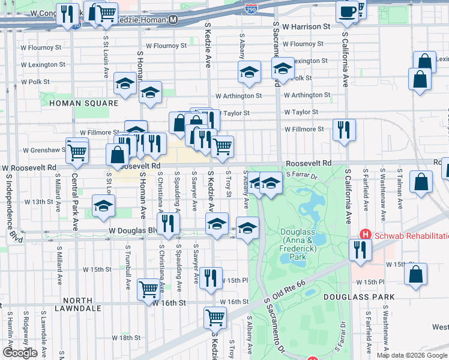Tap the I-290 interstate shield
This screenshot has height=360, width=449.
tap(252, 8)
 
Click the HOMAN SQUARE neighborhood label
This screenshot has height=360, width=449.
tap(84, 103)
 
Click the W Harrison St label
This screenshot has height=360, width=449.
tap(306, 27)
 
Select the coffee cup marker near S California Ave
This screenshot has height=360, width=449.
tap(347, 13)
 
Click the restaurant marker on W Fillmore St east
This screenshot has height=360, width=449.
tap(344, 130)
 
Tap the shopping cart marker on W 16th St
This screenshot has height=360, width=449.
tap(149, 289)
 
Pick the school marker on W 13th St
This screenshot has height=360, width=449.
tap(104, 205)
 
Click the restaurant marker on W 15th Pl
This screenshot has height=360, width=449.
tap(211, 278)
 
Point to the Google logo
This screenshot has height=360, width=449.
tap(20, 353)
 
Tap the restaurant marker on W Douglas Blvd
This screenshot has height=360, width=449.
tap(168, 223)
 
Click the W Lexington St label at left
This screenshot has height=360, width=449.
tap(43, 65)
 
